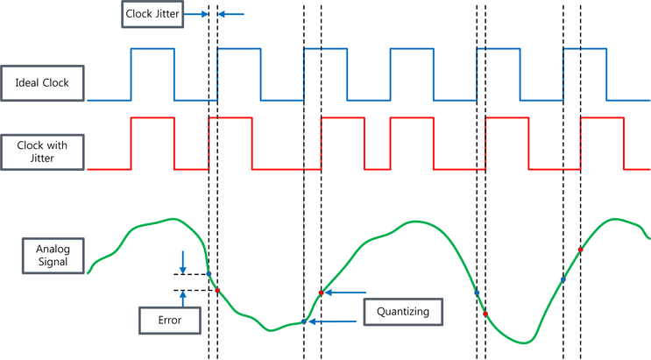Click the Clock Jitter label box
coord(152,15)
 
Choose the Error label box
coord(170,320)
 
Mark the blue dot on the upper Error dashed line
coord(209,274)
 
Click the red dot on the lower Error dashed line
coord(217,290)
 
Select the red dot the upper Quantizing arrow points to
coord(322,292)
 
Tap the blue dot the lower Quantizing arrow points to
coord(304,321)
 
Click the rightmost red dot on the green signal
coord(580,250)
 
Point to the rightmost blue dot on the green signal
coord(563,279)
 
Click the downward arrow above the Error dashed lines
coord(182,261)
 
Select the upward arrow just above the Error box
coord(182,298)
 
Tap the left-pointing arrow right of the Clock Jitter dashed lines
coord(230,14)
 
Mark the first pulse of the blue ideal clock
coord(152,74)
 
